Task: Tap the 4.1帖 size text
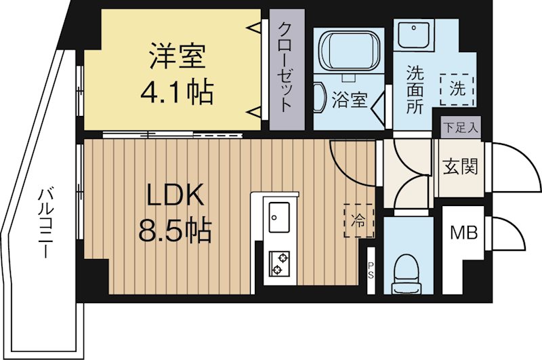tap(176, 92)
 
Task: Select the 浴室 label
tap(349, 102)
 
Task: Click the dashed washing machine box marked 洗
tap(457, 89)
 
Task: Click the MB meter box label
tap(465, 233)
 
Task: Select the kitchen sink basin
tap(278, 217)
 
